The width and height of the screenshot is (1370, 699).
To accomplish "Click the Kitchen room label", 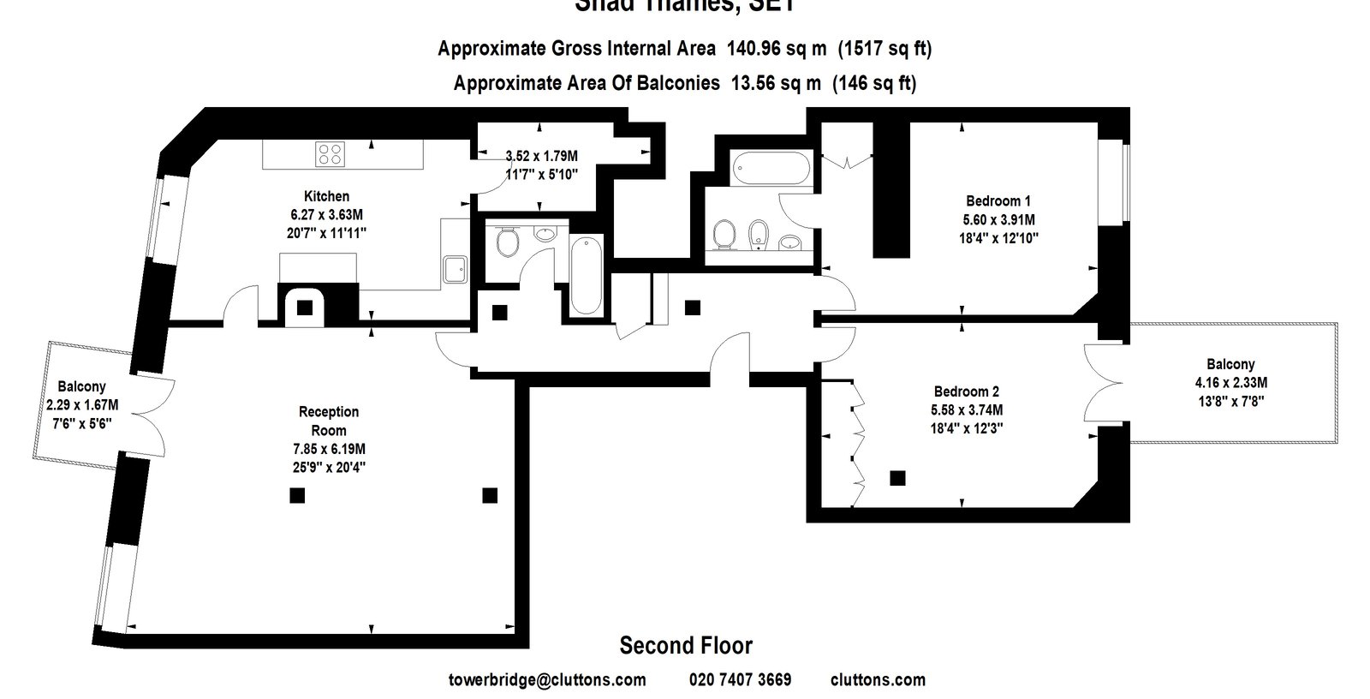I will (326, 196).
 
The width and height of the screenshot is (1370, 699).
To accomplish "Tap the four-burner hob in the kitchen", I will (331, 154).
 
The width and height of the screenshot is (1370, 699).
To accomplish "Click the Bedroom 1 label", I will (998, 201).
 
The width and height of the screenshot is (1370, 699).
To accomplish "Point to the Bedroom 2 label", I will (967, 391).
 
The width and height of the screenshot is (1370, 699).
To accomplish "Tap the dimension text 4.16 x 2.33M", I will (1230, 382).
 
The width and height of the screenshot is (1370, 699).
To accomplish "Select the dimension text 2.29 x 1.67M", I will (82, 404).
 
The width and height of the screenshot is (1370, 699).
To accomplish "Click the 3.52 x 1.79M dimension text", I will (541, 156).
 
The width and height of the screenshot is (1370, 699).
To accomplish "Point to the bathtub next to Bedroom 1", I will (771, 169).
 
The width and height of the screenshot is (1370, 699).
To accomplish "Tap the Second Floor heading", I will (686, 645).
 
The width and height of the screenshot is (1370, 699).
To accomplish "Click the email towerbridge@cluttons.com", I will (547, 680).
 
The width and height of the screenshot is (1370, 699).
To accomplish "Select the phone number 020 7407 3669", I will (740, 680).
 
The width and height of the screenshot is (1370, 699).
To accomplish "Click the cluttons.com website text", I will (878, 680).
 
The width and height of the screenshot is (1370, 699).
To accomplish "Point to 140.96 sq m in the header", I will (776, 49).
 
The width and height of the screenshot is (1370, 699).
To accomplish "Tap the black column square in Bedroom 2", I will (897, 478).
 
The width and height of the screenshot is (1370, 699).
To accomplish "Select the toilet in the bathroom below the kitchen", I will (507, 242).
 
